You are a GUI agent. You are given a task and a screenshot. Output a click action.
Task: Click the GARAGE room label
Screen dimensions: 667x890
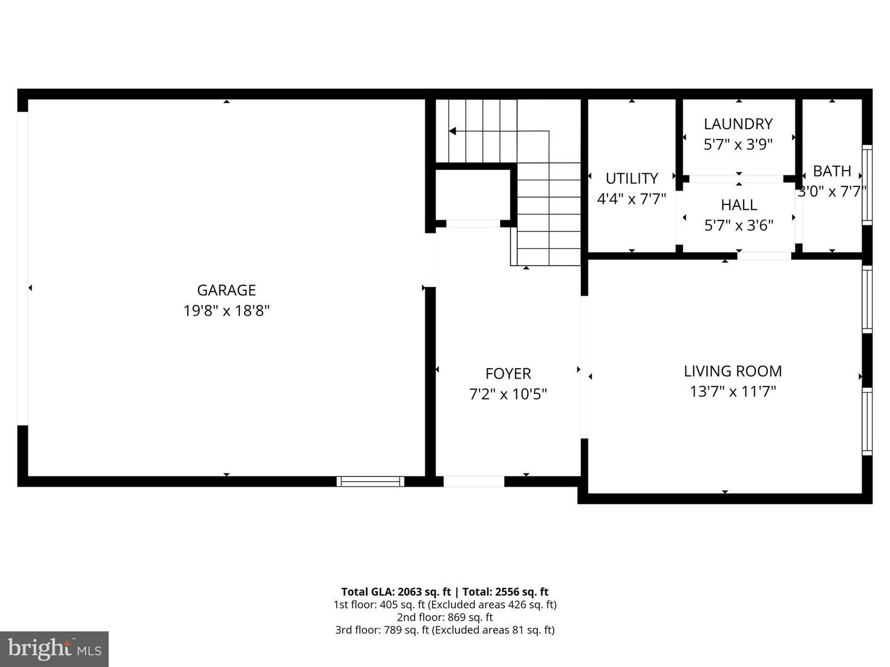coord(226,290)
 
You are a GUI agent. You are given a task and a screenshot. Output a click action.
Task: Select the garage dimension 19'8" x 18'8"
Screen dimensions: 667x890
coord(226,310)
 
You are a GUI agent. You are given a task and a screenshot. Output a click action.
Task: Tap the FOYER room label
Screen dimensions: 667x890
coord(508,374)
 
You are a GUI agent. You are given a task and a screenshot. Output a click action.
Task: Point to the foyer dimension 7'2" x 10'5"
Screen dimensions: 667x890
coord(508,394)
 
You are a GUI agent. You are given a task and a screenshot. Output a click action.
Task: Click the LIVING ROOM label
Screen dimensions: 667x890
coord(732,371)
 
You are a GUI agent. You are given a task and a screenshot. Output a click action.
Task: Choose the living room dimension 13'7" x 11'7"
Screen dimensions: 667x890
coord(732,392)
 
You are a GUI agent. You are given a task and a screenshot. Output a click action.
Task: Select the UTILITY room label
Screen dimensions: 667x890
coord(631,178)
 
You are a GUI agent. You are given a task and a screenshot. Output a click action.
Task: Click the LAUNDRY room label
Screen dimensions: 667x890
coord(738,124)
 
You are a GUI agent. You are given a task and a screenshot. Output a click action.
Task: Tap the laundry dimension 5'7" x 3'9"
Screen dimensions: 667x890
coord(738,145)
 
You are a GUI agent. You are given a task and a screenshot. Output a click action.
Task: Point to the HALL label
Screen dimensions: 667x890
coord(739,205)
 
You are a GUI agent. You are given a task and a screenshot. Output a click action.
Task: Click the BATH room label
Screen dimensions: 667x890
coord(832,171)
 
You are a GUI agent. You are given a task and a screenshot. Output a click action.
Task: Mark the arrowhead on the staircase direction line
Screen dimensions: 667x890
coord(452,131)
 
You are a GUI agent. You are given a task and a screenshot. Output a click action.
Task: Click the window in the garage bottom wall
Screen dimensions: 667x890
coord(370,482)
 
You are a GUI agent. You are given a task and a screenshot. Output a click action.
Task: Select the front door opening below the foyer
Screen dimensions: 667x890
coord(474,482)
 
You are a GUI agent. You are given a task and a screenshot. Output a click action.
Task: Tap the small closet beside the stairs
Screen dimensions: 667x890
coord(473,193)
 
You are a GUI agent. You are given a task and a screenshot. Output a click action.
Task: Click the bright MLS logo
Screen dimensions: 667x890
coord(54,648)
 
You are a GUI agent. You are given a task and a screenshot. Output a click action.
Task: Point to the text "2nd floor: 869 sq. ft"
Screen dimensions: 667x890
coord(444,617)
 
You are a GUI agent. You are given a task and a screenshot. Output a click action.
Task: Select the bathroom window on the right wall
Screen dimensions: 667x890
coord(867,184)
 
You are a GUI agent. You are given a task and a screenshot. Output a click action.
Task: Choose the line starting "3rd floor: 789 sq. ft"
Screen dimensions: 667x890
coord(444,630)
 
